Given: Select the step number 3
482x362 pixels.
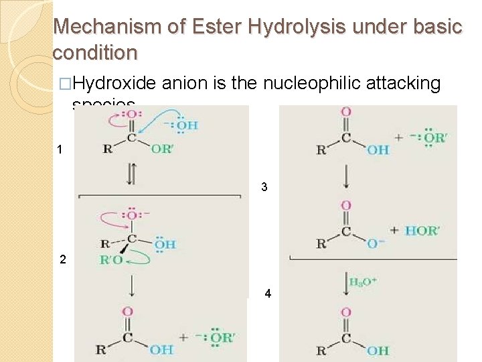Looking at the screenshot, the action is (264, 187).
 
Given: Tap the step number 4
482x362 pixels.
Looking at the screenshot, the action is (268, 293).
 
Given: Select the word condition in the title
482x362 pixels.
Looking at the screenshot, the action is (94, 52).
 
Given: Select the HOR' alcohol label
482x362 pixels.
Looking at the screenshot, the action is (422, 230).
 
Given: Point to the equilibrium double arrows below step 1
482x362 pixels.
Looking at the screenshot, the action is (131, 175).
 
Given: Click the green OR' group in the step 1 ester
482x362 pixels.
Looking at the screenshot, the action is (161, 149).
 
